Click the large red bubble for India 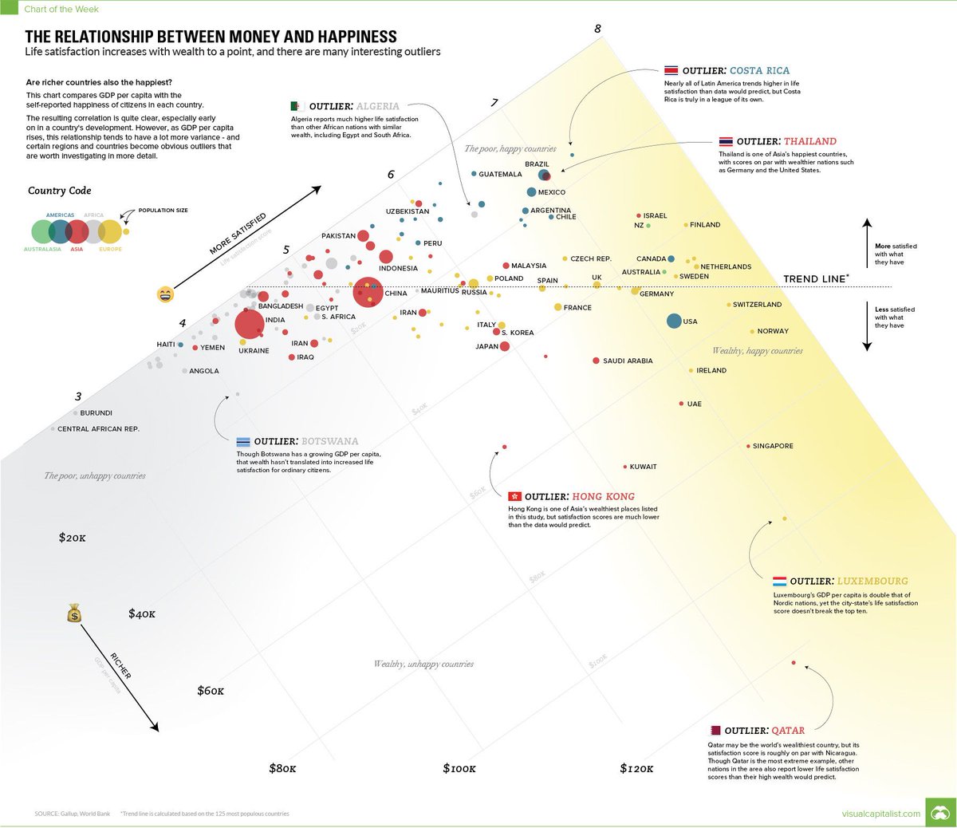249,325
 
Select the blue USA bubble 674,321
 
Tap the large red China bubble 368,292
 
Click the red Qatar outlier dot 794,662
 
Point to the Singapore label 773,446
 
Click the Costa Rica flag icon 671,70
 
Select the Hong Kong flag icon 514,496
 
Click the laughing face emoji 165,294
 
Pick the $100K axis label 459,768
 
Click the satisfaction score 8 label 597,30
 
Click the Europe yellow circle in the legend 110,231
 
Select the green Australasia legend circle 42,231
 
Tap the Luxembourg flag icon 779,582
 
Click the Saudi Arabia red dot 596,361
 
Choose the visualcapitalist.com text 880,814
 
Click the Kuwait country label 643,467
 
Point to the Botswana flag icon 243,441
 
